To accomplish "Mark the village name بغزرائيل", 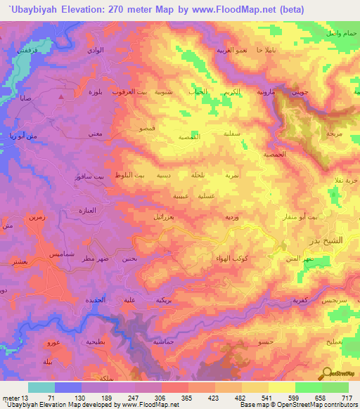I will [168, 217].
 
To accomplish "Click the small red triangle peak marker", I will [63, 96].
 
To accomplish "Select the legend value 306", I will [161, 397].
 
